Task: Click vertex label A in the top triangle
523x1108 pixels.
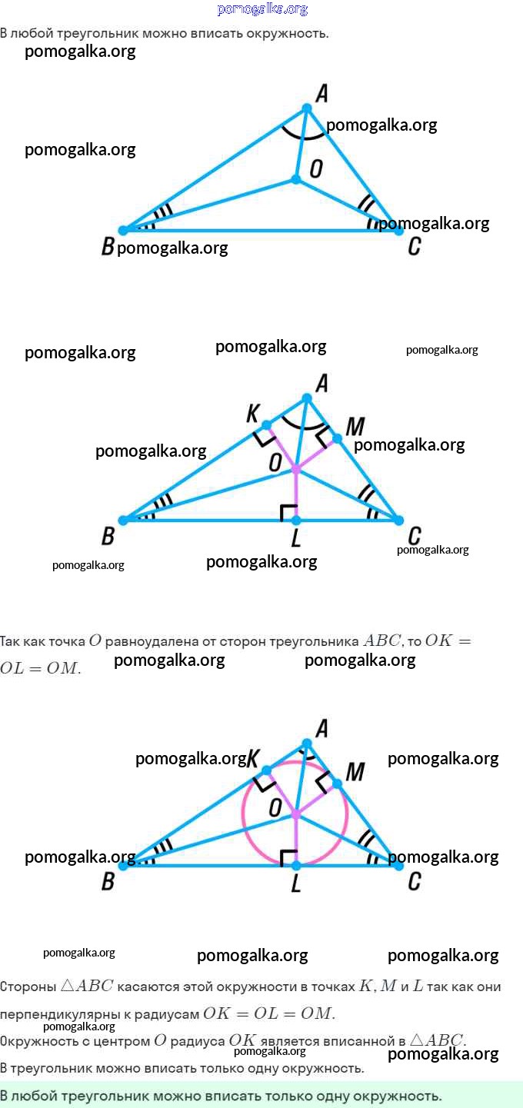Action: [321, 94]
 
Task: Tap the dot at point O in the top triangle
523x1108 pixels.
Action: [296, 179]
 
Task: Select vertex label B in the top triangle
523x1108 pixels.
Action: [108, 247]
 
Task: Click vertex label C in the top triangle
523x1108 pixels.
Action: [415, 246]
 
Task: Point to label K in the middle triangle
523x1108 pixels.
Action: [252, 414]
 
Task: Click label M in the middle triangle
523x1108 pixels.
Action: [355, 426]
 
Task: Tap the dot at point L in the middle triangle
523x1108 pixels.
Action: [296, 521]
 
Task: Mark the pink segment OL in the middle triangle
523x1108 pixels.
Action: [296, 496]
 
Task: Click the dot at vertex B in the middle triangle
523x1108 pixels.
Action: [123, 521]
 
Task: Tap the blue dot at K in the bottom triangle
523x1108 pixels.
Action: [266, 770]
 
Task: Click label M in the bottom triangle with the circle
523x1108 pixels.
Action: [355, 771]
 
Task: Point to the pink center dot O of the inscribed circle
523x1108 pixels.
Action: [296, 814]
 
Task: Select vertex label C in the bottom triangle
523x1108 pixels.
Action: [415, 881]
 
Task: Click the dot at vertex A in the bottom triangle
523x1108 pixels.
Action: [307, 743]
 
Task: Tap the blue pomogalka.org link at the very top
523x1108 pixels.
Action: [262, 9]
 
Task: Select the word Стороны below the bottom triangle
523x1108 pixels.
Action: [28, 987]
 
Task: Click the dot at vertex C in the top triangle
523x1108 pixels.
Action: [398, 229]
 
